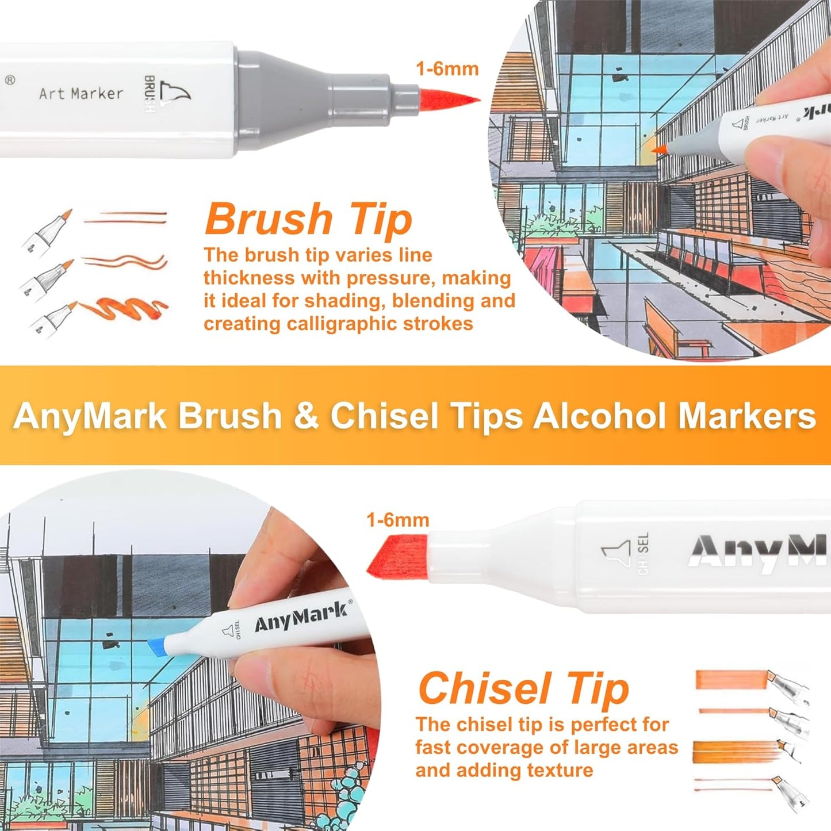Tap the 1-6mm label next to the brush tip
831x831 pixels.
pos(447,69)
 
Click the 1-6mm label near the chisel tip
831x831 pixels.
pos(398,520)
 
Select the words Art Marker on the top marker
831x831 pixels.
pos(81,93)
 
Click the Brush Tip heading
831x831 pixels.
pos(308,220)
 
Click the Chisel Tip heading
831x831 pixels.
pos(523,688)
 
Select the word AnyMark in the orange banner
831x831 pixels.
pos(90,415)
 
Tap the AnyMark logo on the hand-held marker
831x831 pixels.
pos(301,616)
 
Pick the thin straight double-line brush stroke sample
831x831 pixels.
pos(125,217)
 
